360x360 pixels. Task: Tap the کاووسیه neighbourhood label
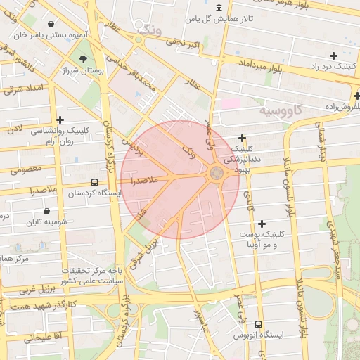[281, 110]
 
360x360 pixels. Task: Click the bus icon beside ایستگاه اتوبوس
[259, 325]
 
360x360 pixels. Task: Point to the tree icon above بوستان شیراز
[84, 59]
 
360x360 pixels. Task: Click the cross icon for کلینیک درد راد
[333, 56]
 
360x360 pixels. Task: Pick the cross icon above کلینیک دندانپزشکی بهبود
[243, 139]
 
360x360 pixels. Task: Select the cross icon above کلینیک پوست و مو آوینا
[262, 224]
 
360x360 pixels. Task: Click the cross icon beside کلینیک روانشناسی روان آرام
[60, 120]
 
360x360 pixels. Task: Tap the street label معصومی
[26, 169]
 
